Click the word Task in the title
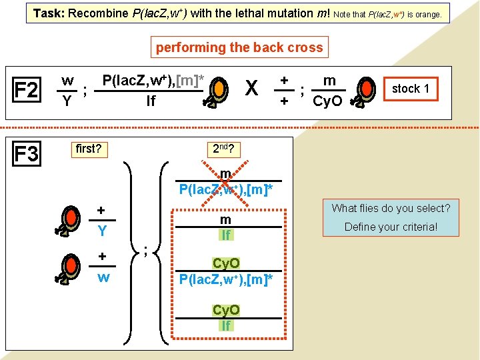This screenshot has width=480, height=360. point(49,13)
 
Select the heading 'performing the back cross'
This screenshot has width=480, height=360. point(239,47)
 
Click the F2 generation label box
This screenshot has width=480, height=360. point(26,89)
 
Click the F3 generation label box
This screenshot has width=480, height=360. point(26,155)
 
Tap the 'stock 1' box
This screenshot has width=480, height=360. point(411,89)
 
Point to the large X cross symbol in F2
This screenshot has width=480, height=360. point(251,89)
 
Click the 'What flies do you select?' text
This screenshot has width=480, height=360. point(391,208)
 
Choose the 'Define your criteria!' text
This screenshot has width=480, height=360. point(391,227)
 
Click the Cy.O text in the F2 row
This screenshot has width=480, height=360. point(327,101)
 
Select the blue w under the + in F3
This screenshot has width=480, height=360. point(103,277)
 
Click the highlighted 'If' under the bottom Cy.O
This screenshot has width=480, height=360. point(226,325)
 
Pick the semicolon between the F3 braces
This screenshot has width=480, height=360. point(146,250)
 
